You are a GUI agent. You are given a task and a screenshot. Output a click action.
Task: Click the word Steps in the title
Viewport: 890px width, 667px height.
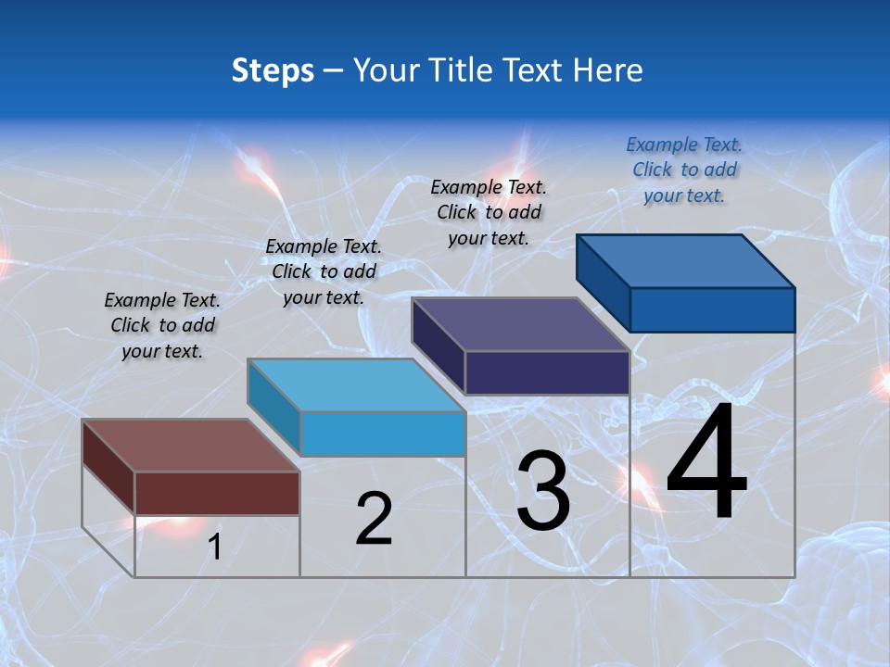point(272,70)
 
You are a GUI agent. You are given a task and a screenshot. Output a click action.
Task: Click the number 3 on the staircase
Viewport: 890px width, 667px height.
point(542,491)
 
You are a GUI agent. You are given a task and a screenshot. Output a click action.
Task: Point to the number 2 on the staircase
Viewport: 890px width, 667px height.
point(374,519)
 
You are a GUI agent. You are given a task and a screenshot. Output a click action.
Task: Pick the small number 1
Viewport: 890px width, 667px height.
point(215,547)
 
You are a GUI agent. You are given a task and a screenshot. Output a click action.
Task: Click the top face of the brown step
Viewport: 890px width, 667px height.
point(190,445)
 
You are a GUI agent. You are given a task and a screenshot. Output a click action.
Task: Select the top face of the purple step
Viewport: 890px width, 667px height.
point(520,324)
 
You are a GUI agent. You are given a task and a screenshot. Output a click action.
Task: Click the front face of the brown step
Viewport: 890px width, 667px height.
point(217,493)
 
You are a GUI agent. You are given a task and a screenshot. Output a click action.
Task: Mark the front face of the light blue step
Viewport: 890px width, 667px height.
point(382,434)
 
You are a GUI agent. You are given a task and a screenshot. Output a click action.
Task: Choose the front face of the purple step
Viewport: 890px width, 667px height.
point(547,372)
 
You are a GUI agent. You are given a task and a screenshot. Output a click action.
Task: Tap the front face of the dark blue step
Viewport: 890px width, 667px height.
point(712,309)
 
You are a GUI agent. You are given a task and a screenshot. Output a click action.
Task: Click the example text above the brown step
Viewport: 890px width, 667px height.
point(162,325)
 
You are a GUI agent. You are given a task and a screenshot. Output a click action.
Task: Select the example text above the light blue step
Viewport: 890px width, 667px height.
point(324,271)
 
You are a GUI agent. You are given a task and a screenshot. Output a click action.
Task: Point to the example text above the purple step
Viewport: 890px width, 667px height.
point(489,212)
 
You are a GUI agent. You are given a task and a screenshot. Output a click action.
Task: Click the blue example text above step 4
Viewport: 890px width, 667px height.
point(684,170)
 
